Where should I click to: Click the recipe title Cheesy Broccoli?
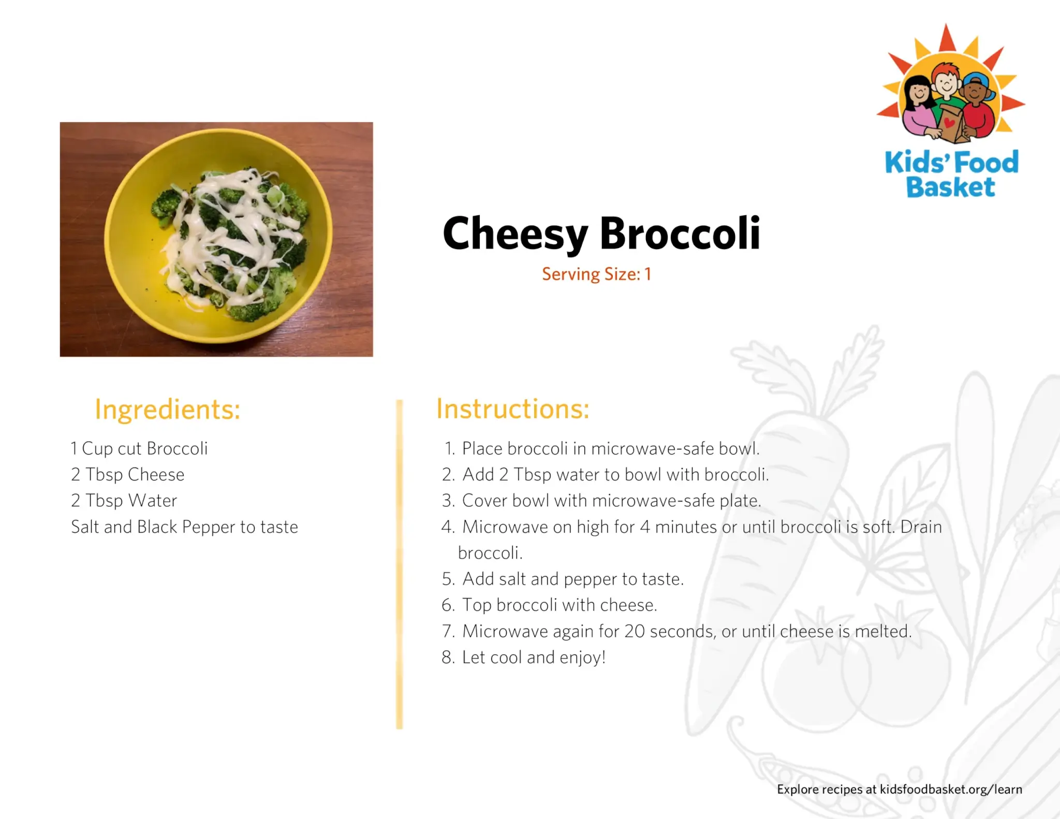coord(601,234)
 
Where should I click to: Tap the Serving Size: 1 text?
coord(596,274)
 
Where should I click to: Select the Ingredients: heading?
coord(168,410)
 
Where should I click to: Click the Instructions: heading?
coord(513,409)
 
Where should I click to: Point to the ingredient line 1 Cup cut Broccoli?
coord(139,449)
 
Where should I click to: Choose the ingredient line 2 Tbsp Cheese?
coord(128,475)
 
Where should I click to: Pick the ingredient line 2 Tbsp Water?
coord(124,501)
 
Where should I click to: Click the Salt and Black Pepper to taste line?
coord(185,527)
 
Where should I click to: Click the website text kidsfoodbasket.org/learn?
coord(951,789)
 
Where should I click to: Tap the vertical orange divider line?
coord(399,564)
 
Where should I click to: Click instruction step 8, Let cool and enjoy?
coord(523,657)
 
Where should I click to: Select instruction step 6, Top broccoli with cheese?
coord(549,605)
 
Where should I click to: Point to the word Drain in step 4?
coord(921,527)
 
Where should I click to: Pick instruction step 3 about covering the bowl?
coord(601,501)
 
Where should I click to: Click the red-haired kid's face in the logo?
coord(947,81)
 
